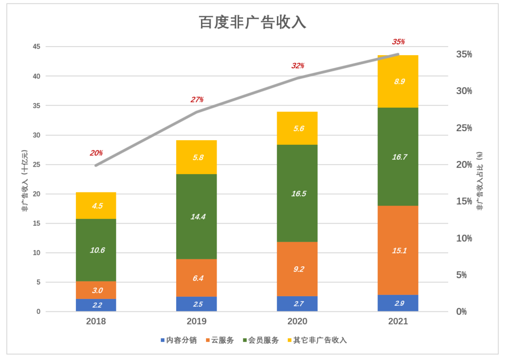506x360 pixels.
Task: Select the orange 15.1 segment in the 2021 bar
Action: pos(399,250)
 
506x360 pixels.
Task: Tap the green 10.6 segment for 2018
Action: pos(96,250)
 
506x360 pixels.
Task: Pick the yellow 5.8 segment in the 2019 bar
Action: pos(196,157)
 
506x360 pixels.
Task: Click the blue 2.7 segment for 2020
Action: pos(297,304)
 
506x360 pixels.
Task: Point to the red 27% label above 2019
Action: pos(197,100)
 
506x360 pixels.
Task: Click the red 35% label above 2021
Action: pos(398,42)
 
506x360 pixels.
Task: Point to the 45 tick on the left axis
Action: pos(36,47)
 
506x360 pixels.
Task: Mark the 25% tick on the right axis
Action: pos(463,128)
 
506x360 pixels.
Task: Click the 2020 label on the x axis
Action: pos(297,322)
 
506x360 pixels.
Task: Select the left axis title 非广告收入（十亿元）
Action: pos(24,180)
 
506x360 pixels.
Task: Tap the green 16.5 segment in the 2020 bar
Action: pos(297,193)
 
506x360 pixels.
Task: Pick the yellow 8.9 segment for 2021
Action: pos(399,81)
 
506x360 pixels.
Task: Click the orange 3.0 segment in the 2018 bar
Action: pos(96,290)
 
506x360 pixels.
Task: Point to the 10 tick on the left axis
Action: pos(36,253)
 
